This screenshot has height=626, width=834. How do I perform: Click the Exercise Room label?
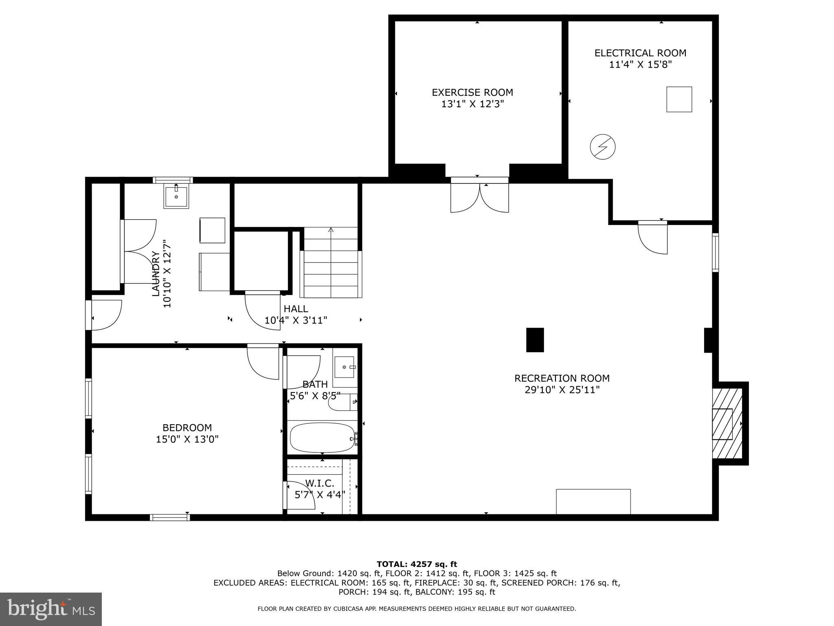coord(472,93)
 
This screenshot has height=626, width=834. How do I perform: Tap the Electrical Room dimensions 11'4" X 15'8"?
coord(640,64)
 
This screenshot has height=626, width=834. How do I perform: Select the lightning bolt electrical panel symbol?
coord(603,147)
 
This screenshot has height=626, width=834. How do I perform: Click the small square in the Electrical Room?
coord(679,99)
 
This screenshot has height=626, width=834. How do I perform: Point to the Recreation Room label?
coord(562,378)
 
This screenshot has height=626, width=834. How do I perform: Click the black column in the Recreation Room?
coord(535,340)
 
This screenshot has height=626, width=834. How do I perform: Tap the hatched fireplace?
coord(727,424)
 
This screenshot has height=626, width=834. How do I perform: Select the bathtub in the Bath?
coord(323,438)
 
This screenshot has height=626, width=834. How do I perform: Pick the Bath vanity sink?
coord(345,367)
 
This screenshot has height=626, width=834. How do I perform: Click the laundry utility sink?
coord(176,196)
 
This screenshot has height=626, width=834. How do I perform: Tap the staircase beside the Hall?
coord(331,262)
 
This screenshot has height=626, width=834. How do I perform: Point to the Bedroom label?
coord(187,428)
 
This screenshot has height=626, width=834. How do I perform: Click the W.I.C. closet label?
coord(320,483)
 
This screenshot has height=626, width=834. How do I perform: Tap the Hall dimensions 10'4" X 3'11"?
coord(296,320)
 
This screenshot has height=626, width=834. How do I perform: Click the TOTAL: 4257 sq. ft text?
coord(417,564)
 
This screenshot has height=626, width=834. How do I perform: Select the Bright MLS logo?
coord(51,609)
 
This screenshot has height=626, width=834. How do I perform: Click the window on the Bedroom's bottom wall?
coord(170,518)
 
